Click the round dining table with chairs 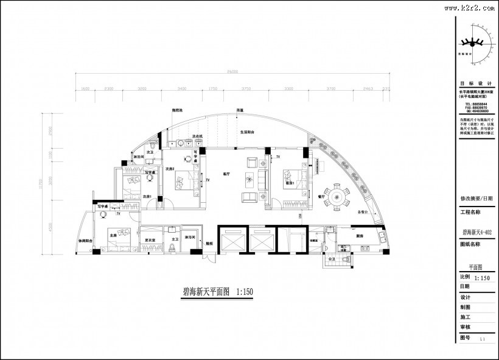(337, 197)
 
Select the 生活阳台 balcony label (246, 132)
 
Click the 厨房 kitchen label (360, 236)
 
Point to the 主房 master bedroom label (113, 234)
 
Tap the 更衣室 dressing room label (150, 240)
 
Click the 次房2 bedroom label (170, 169)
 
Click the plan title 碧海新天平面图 (206, 292)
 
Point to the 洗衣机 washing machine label (197, 136)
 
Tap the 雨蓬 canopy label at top (240, 110)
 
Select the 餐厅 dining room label (321, 197)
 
